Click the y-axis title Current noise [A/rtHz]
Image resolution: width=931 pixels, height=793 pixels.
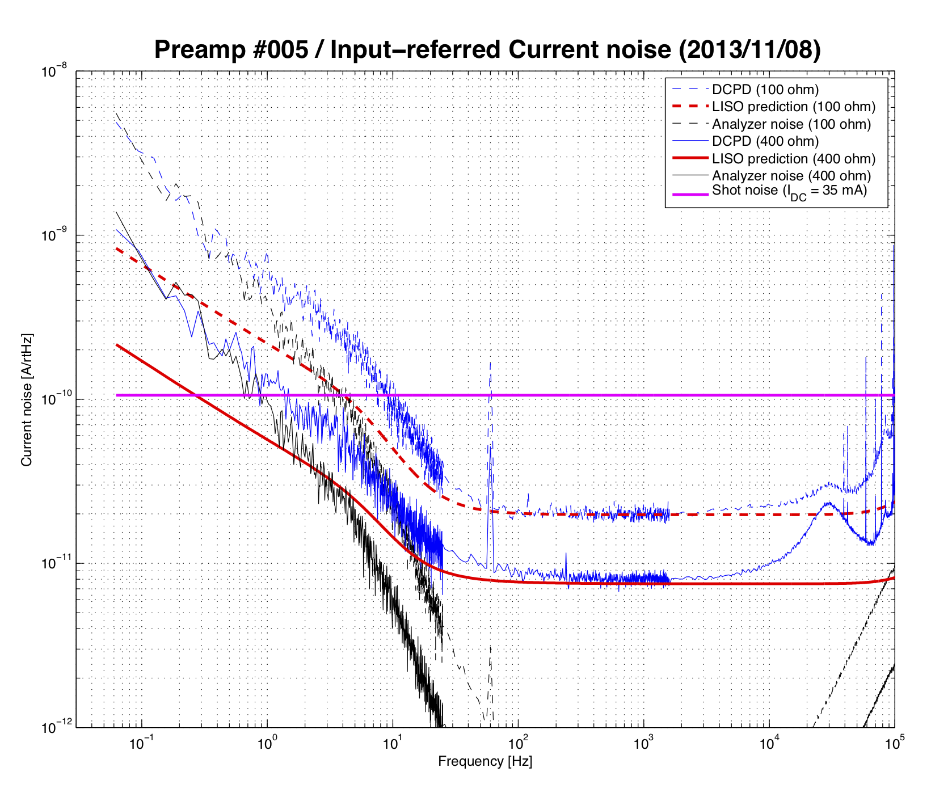[27, 400]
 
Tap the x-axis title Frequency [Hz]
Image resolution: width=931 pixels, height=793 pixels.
[485, 761]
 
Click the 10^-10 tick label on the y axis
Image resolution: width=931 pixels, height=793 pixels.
[54, 399]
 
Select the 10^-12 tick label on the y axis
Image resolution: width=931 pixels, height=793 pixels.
[54, 727]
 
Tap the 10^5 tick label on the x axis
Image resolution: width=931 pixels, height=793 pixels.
[895, 743]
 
